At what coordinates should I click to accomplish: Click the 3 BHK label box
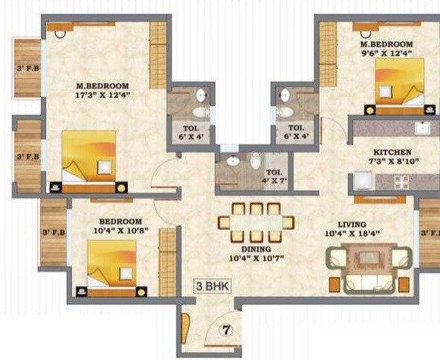213,286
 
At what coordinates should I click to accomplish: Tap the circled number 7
228,328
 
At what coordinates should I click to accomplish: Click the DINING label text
256,248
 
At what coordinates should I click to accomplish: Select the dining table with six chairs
256,222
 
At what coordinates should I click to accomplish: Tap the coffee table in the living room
369,260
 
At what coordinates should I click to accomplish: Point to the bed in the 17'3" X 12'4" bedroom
88,158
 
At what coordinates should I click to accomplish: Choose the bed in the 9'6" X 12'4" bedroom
399,84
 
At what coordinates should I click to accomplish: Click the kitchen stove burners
402,181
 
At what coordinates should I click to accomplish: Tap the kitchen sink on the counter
423,128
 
